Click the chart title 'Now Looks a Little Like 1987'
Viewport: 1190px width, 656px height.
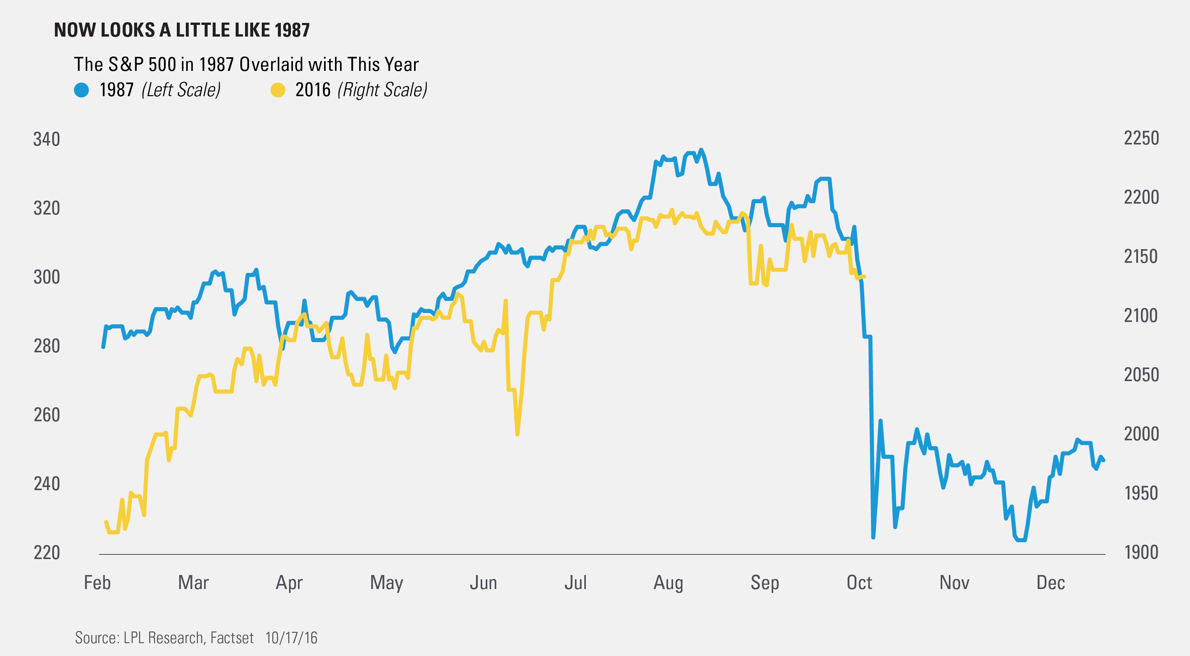(182, 30)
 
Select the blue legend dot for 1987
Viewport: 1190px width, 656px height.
(81, 90)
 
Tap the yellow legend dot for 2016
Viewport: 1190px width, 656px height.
(278, 90)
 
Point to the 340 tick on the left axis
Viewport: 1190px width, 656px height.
(47, 139)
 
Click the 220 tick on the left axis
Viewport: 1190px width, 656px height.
(47, 552)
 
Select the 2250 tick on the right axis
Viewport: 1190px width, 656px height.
(1141, 139)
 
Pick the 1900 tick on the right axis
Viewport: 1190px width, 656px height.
(1141, 552)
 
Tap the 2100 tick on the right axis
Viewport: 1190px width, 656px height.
(1141, 316)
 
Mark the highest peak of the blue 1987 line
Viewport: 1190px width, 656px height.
(701, 149)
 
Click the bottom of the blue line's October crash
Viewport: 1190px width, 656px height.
(873, 537)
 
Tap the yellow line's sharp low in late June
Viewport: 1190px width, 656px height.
(517, 434)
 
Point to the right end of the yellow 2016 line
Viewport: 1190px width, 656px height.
(864, 276)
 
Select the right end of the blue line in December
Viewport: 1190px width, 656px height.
(1103, 460)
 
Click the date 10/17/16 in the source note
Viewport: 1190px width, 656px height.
(291, 638)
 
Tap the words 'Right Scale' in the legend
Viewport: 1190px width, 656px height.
(383, 90)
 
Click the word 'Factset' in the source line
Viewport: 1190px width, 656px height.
(232, 638)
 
